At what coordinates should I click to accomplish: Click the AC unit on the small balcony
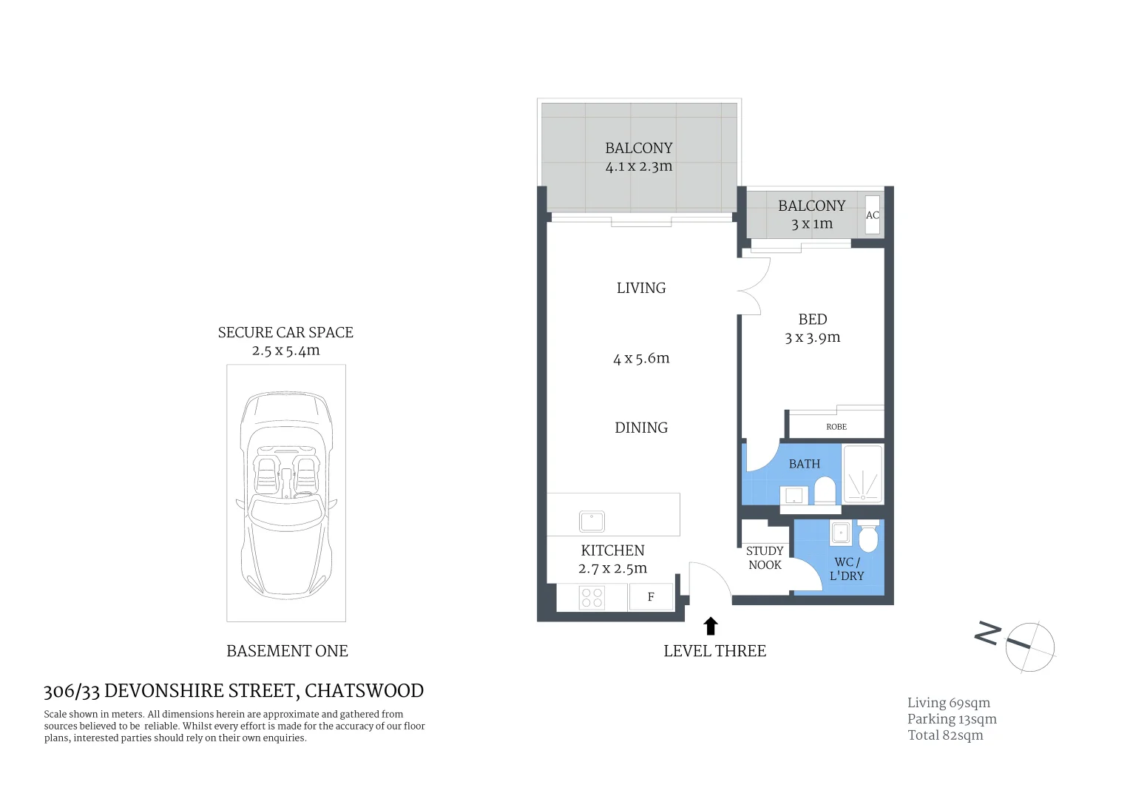[873, 215]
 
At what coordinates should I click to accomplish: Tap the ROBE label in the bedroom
[836, 427]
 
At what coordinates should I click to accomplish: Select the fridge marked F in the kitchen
[651, 597]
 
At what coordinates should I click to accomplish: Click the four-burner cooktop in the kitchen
[592, 597]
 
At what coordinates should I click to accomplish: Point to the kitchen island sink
[592, 522]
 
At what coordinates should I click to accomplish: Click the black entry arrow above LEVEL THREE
[711, 626]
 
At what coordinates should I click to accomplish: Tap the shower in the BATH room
[863, 473]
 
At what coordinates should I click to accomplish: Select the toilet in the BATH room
[825, 489]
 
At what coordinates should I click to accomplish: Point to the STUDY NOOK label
[765, 558]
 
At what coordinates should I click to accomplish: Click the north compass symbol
[1029, 646]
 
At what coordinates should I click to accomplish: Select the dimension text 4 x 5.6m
[641, 359]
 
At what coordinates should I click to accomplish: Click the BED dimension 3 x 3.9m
[812, 337]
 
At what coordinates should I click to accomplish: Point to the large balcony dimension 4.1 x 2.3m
[639, 166]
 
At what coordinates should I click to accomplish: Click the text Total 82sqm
[945, 735]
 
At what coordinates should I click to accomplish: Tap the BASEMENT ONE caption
[287, 651]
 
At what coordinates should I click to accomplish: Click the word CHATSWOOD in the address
[364, 690]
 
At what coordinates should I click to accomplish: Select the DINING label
[641, 428]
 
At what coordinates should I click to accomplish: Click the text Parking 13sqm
[952, 719]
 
